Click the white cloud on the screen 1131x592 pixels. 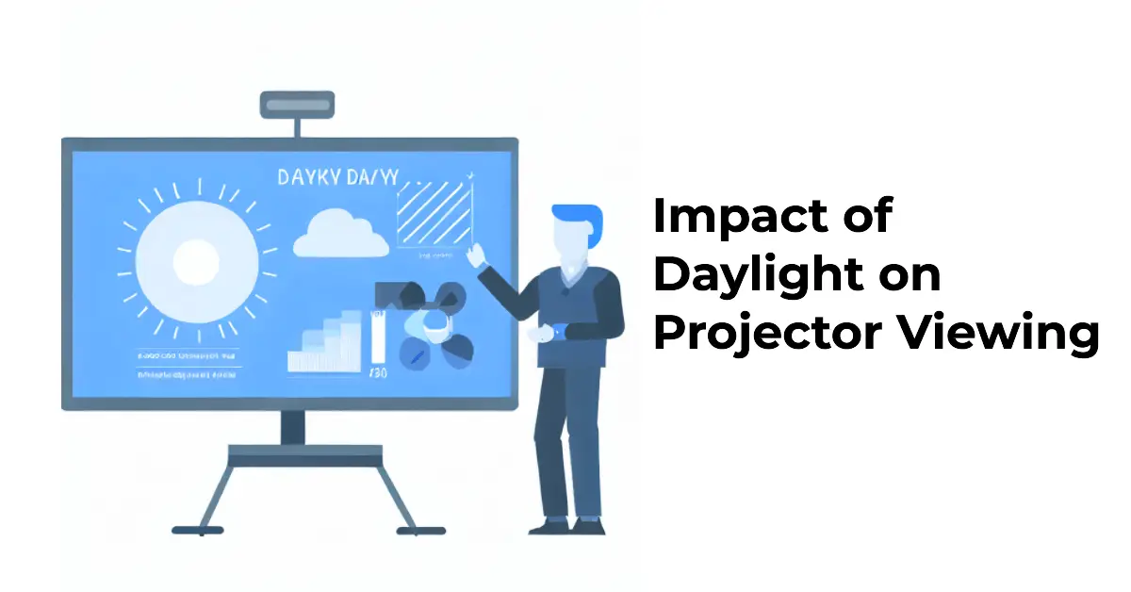(x=340, y=236)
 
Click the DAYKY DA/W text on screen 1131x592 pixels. (x=336, y=178)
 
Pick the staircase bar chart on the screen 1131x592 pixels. (x=325, y=344)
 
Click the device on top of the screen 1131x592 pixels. (x=297, y=103)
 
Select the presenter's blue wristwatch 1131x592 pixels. (x=558, y=331)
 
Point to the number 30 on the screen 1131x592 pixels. (x=376, y=373)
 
